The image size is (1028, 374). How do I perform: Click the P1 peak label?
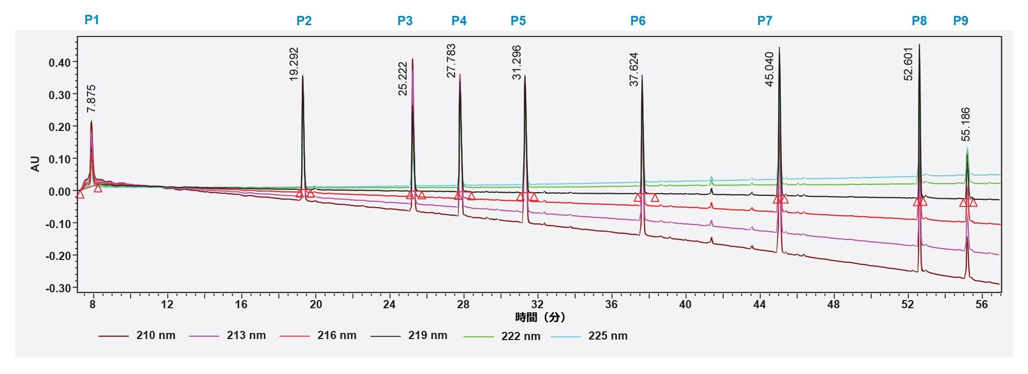91,20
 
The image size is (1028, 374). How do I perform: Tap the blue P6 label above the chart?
638,21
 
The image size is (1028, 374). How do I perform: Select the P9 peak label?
961,21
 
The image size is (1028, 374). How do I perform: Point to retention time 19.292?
294,64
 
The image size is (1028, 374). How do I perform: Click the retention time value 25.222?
403,79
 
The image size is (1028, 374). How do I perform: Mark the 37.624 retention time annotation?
634,69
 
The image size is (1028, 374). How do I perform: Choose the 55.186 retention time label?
966,124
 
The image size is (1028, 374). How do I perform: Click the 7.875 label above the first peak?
91,99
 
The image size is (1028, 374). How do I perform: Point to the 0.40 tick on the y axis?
59,63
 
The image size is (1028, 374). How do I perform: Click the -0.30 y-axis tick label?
58,288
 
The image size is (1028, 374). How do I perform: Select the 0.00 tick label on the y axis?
59,192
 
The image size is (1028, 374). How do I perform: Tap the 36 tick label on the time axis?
611,304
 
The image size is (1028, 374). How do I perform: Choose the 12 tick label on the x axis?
167,304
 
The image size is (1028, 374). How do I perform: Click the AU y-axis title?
35,164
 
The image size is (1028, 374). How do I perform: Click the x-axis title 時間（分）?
540,317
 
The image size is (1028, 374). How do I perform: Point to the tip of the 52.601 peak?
919,45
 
